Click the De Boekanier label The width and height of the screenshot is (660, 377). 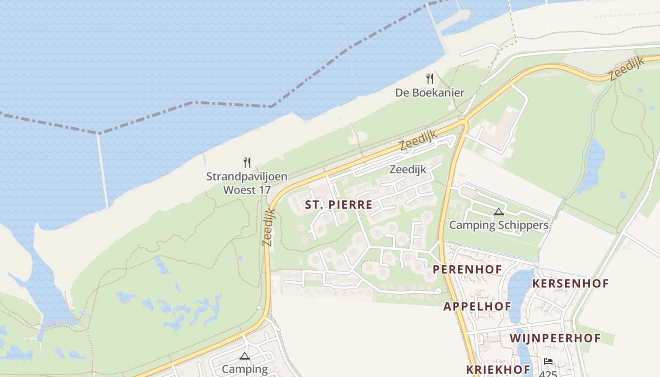click(x=429, y=93)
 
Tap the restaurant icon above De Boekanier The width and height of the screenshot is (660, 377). click(x=429, y=78)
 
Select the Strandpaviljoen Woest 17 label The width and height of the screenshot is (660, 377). click(x=247, y=183)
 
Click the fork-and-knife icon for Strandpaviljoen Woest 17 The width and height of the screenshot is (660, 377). click(x=247, y=163)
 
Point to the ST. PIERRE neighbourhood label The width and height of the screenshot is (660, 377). click(x=338, y=205)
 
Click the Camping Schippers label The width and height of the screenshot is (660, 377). click(x=498, y=225)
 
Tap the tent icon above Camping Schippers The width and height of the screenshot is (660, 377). click(x=498, y=212)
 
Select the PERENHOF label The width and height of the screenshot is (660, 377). click(x=467, y=270)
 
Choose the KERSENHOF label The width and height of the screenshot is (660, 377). click(x=570, y=284)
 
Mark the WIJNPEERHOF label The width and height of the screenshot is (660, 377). click(x=555, y=338)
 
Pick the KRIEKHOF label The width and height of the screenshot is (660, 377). click(x=498, y=369)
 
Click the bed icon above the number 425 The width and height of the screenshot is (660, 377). click(x=548, y=361)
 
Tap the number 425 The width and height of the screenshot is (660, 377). click(x=548, y=373)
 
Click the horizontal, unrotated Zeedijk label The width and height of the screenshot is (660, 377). click(x=408, y=169)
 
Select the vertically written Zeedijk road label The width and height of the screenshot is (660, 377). click(x=268, y=227)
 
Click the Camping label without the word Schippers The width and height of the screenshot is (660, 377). click(x=244, y=369)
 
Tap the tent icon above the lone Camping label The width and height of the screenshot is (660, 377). click(x=244, y=356)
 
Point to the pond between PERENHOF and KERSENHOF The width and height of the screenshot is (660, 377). click(x=520, y=287)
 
